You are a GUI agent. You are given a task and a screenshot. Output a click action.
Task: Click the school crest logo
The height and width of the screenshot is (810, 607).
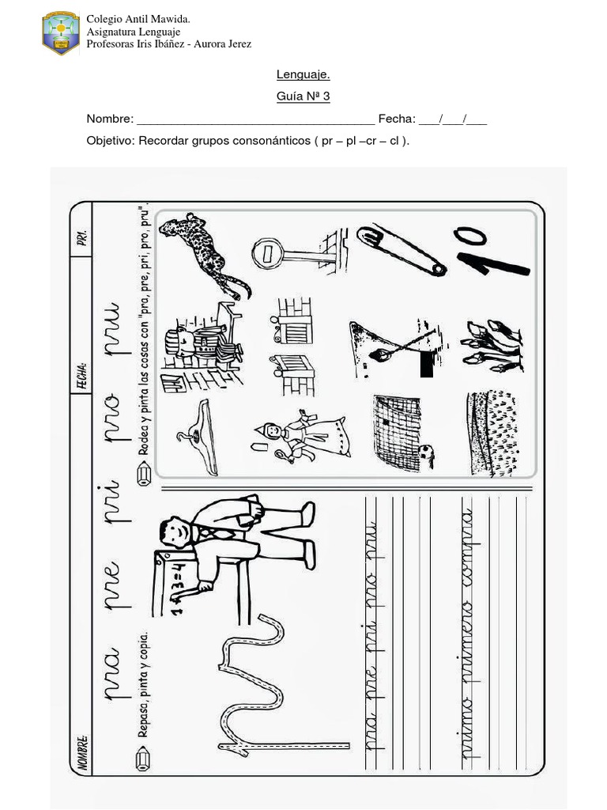(60, 32)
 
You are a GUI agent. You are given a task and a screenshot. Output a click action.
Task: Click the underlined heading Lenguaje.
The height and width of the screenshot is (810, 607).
(303, 74)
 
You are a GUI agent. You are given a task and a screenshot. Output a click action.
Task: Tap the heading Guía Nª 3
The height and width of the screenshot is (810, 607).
(303, 97)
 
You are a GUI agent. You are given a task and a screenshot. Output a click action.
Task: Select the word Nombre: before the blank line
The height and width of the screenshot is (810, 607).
(110, 119)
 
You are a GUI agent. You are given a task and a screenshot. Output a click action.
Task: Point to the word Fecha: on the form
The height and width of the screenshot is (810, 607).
(396, 119)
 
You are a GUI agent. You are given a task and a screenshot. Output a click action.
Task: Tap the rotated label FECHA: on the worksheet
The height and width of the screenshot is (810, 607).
(81, 373)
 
